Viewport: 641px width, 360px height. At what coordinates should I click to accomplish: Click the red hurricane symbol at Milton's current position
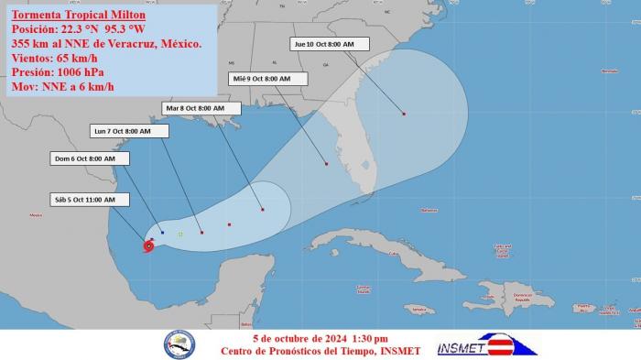point(148,245)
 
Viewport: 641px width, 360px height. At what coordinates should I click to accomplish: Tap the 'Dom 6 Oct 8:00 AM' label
point(89,158)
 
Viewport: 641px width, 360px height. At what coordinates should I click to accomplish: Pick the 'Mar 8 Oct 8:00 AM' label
point(201,108)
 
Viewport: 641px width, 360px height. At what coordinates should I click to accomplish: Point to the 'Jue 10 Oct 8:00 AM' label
point(330,44)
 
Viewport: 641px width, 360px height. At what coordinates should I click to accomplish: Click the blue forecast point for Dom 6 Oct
point(162,233)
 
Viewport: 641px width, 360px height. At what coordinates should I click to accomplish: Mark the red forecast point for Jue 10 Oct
point(404,114)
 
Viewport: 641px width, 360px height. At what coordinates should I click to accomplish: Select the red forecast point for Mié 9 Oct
point(326,164)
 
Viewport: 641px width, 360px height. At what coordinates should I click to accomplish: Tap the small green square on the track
point(180,234)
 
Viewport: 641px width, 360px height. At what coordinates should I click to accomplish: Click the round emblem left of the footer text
point(179,344)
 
